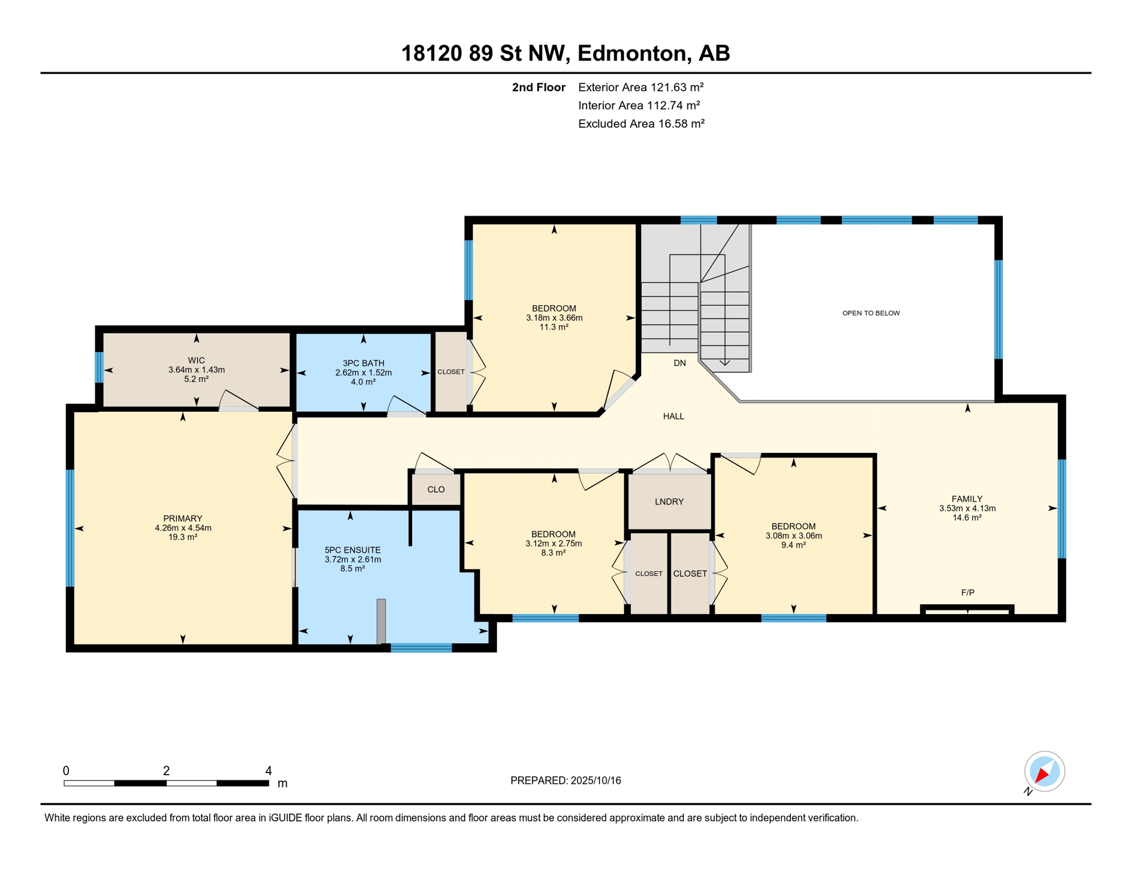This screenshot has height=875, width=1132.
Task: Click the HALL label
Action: pyautogui.click(x=674, y=416)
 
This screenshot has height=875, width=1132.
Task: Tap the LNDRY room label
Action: pyautogui.click(x=669, y=502)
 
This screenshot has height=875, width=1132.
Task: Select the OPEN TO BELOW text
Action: pyautogui.click(x=871, y=313)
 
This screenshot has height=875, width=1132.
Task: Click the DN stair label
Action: pyautogui.click(x=680, y=363)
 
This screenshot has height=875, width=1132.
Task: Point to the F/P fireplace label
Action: pyautogui.click(x=968, y=592)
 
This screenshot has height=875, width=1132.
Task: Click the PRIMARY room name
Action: pyautogui.click(x=183, y=518)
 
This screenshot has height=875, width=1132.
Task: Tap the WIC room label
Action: pyautogui.click(x=196, y=360)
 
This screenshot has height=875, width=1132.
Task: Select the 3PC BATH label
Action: pyautogui.click(x=363, y=363)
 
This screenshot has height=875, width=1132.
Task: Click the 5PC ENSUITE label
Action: pyautogui.click(x=352, y=550)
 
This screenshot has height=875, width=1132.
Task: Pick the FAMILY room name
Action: pyautogui.click(x=967, y=498)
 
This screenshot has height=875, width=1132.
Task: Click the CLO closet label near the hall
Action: pyautogui.click(x=436, y=489)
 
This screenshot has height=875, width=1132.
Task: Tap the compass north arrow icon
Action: pyautogui.click(x=1044, y=772)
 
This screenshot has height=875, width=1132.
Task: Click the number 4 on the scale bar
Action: pyautogui.click(x=269, y=771)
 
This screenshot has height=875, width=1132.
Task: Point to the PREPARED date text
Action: pyautogui.click(x=565, y=780)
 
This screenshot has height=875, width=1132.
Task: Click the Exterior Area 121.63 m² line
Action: pyautogui.click(x=641, y=87)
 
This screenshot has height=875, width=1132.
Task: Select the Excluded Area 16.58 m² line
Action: pyautogui.click(x=642, y=124)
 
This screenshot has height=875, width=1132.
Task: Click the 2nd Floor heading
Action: pyautogui.click(x=539, y=87)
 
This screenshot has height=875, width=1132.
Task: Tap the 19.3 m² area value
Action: pyautogui.click(x=183, y=537)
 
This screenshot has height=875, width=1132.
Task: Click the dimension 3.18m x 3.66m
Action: pyautogui.click(x=554, y=318)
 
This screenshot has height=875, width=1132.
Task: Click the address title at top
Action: pyautogui.click(x=565, y=53)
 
